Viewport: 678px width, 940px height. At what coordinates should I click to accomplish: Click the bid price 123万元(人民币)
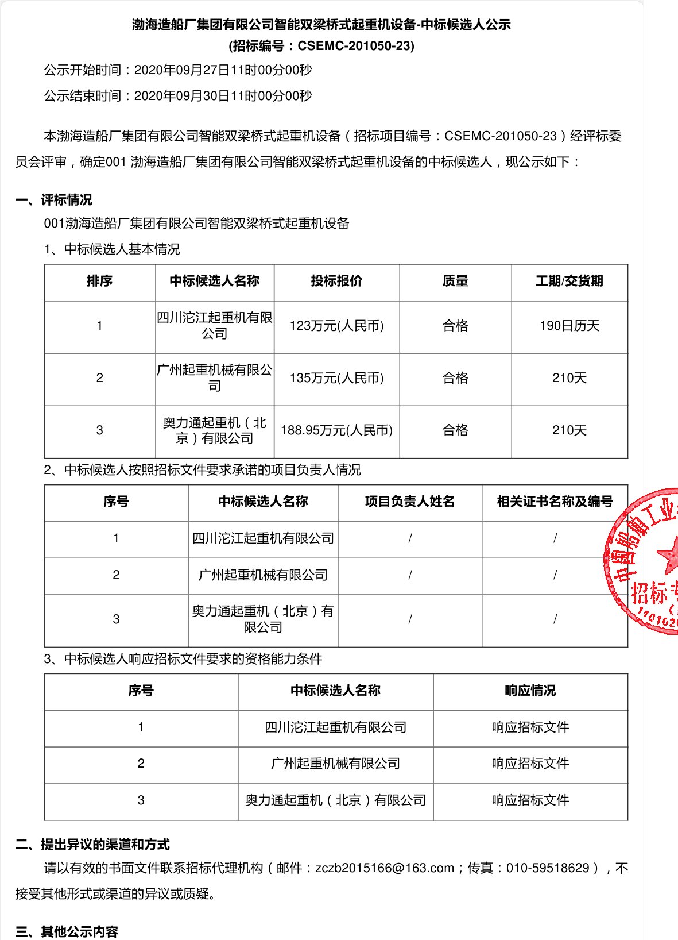tap(336, 326)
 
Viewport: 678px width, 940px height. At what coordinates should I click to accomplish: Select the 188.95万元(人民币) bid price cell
tap(336, 430)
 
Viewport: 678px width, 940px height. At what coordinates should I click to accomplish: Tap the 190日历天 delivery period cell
tap(569, 326)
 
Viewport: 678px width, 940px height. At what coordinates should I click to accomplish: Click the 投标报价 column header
tap(336, 281)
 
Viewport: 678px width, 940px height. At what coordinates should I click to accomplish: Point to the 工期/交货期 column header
tap(569, 281)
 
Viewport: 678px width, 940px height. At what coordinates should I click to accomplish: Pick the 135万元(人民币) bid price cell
tap(336, 378)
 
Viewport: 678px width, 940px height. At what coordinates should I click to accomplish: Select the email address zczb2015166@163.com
tap(385, 868)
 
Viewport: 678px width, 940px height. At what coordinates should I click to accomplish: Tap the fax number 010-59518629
tap(548, 868)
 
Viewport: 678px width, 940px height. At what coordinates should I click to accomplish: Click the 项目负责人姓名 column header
tap(410, 502)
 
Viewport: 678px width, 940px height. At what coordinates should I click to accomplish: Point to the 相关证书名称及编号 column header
tap(555, 502)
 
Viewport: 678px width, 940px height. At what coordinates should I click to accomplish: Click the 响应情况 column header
tap(530, 691)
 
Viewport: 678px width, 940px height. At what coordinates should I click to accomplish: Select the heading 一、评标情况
tap(54, 200)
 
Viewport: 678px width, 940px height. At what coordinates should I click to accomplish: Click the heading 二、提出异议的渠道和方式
tap(92, 845)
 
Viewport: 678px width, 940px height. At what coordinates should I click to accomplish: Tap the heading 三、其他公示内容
tap(67, 931)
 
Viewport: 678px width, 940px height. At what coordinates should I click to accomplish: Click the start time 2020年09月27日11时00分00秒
tap(223, 70)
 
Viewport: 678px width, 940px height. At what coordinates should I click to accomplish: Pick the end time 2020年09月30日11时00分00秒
tap(223, 96)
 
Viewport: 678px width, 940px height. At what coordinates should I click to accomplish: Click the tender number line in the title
tap(321, 46)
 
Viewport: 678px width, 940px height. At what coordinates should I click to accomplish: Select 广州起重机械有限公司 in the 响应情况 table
tap(335, 764)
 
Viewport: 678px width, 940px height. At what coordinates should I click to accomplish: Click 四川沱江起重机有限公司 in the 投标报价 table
tap(215, 326)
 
